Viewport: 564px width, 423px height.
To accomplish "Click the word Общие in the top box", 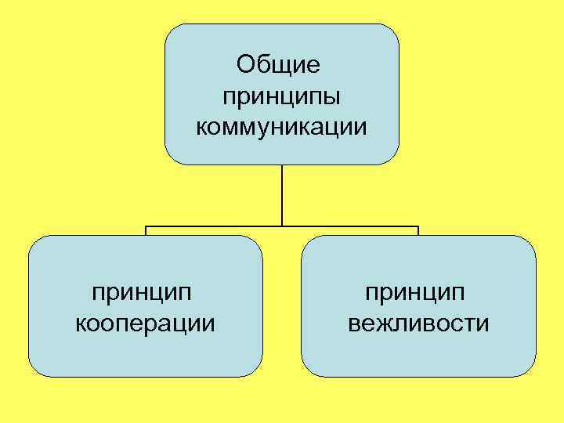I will [279, 65].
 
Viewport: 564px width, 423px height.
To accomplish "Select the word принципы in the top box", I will [282, 97].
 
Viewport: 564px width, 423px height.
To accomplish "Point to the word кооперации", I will [146, 322].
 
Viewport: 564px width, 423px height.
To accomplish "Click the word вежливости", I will [418, 322].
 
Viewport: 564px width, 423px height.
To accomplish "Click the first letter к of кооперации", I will [81, 323].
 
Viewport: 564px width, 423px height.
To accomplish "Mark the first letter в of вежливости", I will [354, 323].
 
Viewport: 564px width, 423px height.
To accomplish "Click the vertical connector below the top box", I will [282, 196].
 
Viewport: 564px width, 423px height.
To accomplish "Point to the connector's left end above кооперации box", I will [146, 229].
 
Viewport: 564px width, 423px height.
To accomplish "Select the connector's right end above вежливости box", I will [418, 229].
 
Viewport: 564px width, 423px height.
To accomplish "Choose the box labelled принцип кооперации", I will [146, 352].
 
